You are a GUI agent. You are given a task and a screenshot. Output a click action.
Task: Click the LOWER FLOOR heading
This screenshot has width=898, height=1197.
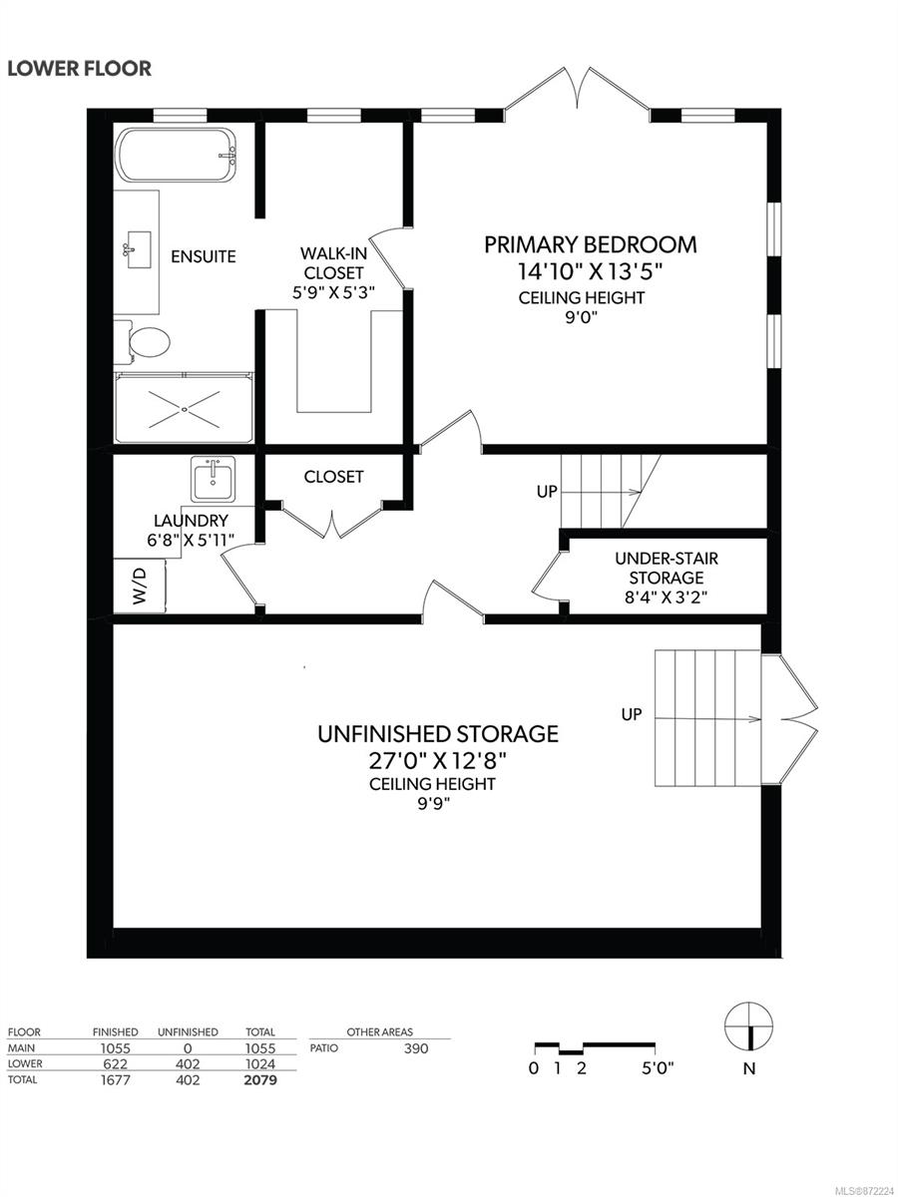coord(80,69)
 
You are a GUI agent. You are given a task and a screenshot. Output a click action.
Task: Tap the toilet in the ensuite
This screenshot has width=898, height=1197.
coord(143,342)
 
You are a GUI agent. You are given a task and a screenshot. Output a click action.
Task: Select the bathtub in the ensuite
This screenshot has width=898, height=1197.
coord(176,155)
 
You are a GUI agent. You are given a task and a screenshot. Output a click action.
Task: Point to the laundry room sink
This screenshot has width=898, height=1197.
coord(213,479)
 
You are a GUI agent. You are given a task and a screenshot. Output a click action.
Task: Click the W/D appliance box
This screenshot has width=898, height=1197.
coord(139,586)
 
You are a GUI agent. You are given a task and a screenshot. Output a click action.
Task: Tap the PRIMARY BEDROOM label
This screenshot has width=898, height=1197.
coord(591,244)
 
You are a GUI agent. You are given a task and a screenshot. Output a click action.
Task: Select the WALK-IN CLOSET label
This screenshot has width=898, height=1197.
coord(333,263)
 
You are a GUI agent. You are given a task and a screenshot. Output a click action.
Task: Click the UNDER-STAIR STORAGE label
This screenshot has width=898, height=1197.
coord(667,568)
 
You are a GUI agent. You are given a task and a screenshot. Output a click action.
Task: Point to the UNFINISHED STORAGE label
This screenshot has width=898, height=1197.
coord(438,734)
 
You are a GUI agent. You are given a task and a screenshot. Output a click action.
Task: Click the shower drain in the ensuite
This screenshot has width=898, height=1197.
coord(185,409)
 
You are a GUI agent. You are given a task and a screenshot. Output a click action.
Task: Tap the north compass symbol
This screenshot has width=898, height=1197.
coord(749,1025)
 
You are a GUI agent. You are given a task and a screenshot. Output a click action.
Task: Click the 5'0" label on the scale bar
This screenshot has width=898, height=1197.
coord(658,1067)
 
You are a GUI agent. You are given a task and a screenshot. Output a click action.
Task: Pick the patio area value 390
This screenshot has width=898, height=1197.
coord(416,1048)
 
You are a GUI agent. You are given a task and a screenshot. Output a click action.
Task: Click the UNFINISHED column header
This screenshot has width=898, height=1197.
coord(188,1031)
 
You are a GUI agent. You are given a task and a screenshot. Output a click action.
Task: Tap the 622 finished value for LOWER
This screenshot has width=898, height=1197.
coord(115,1064)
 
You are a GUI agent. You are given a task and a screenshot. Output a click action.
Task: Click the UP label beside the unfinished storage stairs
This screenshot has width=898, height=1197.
coord(632,714)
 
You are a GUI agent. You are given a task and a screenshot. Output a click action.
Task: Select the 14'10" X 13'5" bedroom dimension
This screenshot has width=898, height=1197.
coord(590,271)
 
